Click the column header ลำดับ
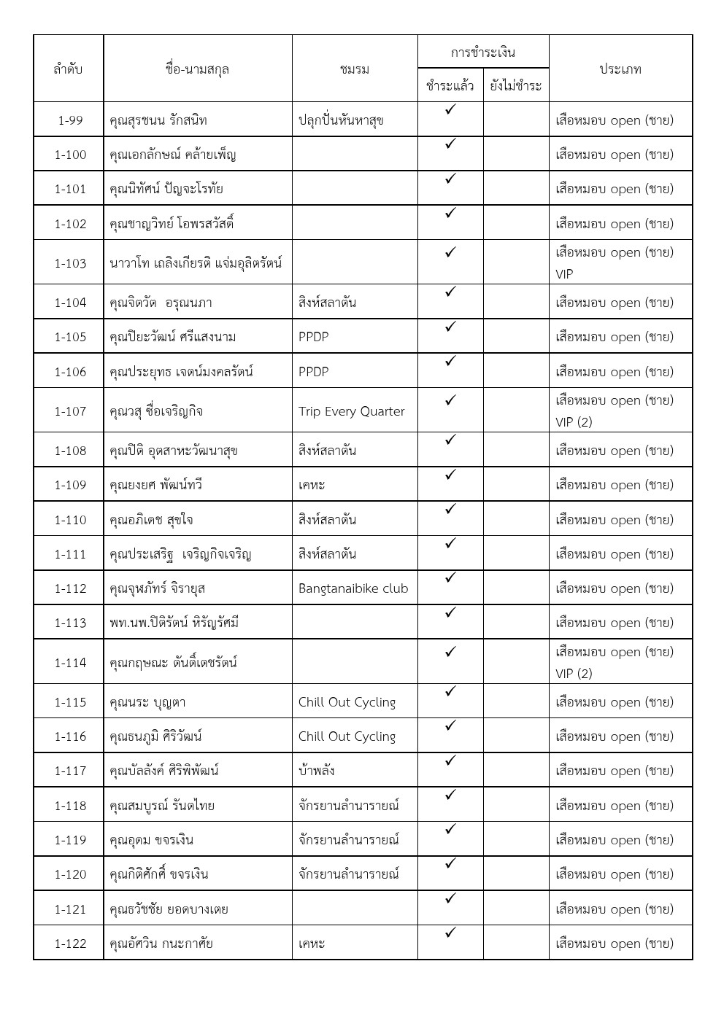coord(68,69)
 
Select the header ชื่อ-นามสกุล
coord(197,69)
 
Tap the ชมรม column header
coord(355,69)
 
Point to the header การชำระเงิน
coord(482,52)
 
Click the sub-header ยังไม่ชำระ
coord(515,86)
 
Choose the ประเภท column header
coord(620,69)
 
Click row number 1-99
coord(70,120)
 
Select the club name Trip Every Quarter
coord(351,411)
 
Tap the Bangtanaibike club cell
coord(353,588)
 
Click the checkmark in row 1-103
coord(450,252)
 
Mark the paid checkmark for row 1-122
coord(450,933)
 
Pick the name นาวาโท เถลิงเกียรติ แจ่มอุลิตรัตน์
coord(196,263)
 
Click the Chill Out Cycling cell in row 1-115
coord(347,702)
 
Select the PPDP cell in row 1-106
coord(314,372)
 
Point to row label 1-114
coord(70,663)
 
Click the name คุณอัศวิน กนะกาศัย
coord(161,944)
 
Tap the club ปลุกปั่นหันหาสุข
coord(341,120)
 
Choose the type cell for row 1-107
coord(615,411)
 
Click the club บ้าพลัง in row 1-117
coord(317,771)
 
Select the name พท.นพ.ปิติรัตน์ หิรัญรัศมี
coord(174,623)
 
